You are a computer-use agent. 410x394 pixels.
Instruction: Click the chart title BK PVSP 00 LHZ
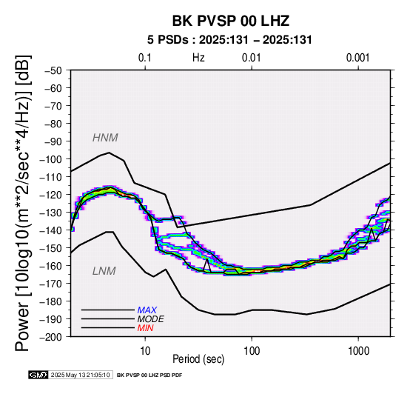231,21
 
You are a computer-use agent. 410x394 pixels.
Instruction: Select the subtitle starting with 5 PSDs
229,40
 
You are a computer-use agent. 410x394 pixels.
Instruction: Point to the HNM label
105,138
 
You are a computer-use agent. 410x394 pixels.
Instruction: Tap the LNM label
104,271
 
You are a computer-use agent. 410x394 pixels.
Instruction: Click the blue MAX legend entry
147,310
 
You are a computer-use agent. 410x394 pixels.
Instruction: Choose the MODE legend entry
151,319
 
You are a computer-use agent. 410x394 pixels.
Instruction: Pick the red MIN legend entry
145,328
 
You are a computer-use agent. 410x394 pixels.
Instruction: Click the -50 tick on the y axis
53,70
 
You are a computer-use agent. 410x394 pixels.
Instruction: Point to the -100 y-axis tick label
51,159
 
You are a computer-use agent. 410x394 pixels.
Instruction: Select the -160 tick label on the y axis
51,266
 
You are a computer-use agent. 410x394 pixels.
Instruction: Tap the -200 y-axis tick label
51,337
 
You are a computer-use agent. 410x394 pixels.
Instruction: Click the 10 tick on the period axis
145,350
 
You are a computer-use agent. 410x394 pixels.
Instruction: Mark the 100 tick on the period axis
252,350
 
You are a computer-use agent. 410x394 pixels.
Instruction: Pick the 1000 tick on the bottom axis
358,350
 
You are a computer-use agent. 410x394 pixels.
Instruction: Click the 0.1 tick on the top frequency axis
145,58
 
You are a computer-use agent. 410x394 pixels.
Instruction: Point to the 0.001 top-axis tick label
358,58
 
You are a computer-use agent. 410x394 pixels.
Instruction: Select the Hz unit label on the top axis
198,58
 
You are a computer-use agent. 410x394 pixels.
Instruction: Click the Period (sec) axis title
198,359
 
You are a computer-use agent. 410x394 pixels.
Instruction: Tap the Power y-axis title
22,203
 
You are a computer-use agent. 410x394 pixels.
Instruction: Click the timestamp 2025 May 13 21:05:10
80,375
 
